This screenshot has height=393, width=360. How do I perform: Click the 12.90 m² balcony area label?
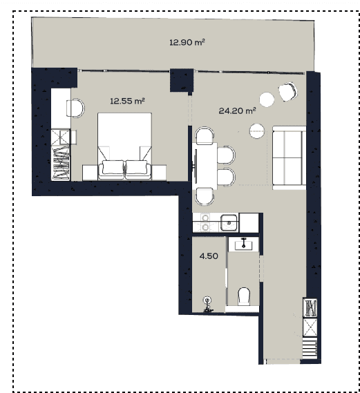(187, 42)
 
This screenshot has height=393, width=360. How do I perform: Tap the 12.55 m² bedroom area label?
(127, 101)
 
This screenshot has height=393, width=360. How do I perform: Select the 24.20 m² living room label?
(237, 110)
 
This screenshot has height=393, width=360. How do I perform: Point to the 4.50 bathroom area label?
(209, 255)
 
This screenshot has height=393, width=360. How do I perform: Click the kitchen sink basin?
(228, 222)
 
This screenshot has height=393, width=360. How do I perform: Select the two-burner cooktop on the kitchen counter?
(205, 222)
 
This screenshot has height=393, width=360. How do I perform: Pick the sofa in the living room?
(289, 157)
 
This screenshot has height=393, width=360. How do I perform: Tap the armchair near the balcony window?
(287, 90)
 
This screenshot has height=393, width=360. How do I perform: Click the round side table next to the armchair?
(267, 99)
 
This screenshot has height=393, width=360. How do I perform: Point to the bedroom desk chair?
(76, 108)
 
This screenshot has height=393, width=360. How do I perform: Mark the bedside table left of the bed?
(90, 171)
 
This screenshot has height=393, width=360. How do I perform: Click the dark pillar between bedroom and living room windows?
(181, 79)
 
